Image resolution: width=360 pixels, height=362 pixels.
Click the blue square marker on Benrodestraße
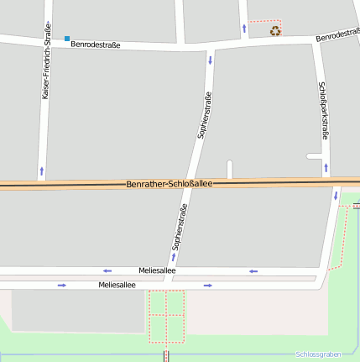67,38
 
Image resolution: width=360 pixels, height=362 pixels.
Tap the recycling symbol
275,31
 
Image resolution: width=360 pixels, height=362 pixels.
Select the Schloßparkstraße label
323,110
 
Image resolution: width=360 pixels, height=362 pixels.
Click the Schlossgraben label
317,354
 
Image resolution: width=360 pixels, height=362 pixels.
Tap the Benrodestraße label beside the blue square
97,44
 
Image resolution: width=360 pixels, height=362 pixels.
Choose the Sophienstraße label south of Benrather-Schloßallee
178,227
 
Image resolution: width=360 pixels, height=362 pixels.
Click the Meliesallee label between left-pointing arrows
157,270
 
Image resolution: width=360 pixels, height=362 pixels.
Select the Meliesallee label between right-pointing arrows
117,286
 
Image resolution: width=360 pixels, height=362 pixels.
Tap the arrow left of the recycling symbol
244,29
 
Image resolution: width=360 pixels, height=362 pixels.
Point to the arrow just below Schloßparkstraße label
326,170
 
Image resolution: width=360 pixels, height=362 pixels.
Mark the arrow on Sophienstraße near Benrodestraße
209,60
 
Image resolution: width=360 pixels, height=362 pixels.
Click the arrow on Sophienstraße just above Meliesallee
173,256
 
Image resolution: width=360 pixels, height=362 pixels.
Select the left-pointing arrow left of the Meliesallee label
107,270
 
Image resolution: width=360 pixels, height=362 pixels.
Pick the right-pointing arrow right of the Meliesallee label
207,286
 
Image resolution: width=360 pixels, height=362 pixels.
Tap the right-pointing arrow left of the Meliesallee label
61,286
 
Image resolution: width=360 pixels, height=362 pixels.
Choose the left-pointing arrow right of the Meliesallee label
253,270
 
